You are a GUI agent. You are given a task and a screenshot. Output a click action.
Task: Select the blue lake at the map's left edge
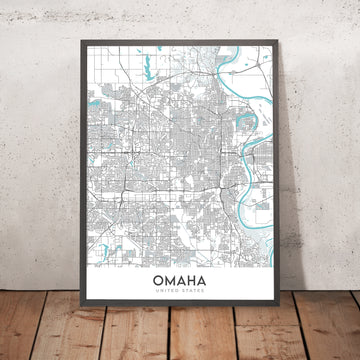point(91,103)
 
